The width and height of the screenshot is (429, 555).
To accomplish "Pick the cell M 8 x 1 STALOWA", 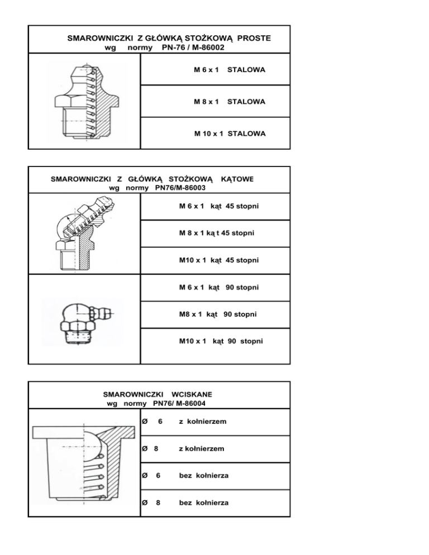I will (229, 102).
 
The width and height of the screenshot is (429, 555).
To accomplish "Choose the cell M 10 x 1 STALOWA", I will (229, 133).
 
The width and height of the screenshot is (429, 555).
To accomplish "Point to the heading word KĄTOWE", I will (237, 179).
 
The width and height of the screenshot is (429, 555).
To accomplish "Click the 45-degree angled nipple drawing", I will (81, 235).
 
